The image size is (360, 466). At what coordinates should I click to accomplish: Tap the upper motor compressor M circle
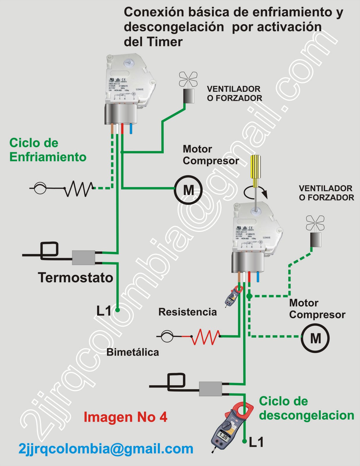[188, 190]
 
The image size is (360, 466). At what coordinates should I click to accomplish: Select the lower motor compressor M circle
[315, 338]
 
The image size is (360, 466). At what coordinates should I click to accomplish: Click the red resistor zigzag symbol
[205, 337]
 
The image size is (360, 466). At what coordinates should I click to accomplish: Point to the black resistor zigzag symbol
[79, 188]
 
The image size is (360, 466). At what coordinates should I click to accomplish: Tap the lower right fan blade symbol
[315, 223]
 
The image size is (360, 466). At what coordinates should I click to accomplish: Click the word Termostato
[75, 278]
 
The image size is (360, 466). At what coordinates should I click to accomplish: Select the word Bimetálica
[133, 352]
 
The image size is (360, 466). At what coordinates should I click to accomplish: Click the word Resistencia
[188, 312]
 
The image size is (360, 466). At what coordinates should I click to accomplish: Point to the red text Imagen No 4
[125, 417]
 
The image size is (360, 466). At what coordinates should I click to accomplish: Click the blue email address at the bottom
[106, 449]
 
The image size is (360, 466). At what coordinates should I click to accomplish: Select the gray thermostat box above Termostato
[84, 257]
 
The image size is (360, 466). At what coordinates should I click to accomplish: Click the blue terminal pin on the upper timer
[131, 128]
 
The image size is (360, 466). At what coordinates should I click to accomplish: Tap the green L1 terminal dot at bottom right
[245, 441]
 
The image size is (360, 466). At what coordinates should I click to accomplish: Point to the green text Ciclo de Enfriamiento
[48, 150]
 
